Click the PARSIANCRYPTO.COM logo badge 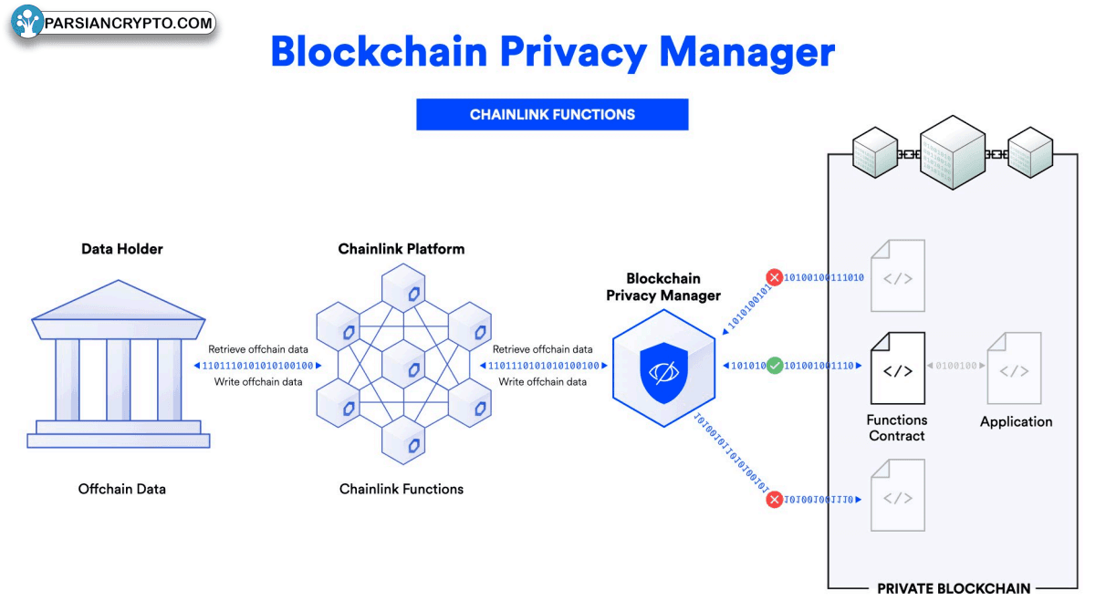113,24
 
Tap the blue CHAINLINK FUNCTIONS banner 552,115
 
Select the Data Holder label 122,249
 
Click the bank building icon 119,365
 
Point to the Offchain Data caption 122,490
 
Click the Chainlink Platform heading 402,249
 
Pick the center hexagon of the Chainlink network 402,366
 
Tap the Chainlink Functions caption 402,490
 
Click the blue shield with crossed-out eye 663,370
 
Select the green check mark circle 775,366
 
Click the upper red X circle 775,276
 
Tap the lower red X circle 775,500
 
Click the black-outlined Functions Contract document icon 897,369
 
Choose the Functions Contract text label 897,429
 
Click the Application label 1016,422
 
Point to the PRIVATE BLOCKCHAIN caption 954,589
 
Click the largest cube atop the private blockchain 953,152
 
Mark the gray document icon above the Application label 1014,369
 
